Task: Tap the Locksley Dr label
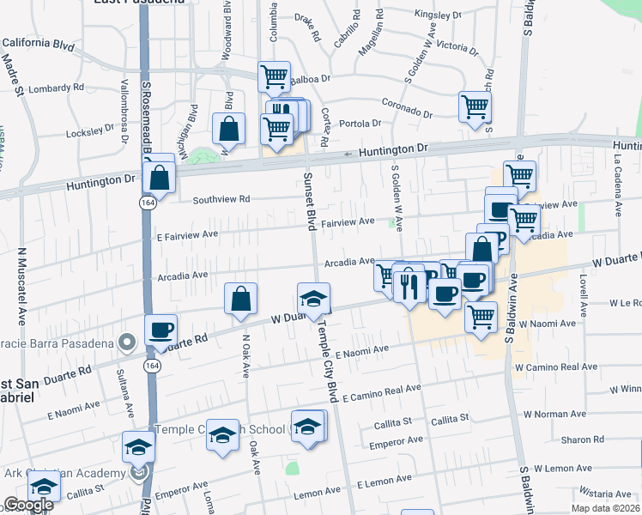[x=90, y=131]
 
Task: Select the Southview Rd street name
[x=221, y=199]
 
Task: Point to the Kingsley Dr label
[x=438, y=15]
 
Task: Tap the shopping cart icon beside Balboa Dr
[x=274, y=76]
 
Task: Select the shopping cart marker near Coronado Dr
[x=475, y=106]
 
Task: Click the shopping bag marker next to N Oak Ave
[x=241, y=298]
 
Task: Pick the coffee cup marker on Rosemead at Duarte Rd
[x=160, y=330]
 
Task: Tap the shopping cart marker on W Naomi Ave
[x=481, y=316]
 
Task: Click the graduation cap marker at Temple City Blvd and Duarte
[x=314, y=297]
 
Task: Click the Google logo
[x=29, y=506]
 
